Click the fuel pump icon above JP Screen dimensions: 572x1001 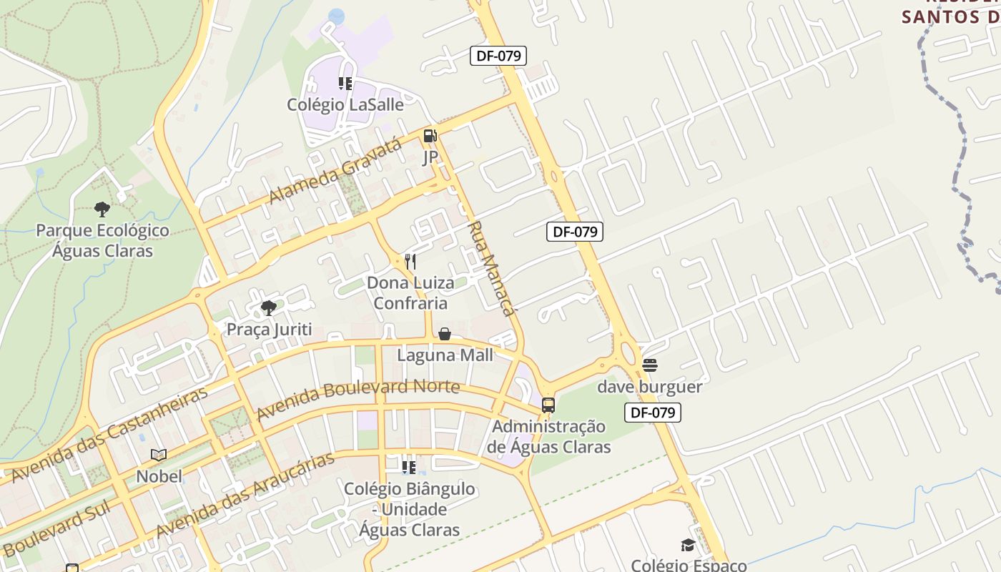click(430, 135)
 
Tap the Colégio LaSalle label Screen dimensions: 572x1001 click(345, 104)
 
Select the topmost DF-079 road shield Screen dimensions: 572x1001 click(498, 56)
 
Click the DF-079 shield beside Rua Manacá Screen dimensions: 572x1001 click(575, 231)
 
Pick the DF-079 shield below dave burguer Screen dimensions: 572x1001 click(653, 413)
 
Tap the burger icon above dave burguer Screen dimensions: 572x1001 click(650, 365)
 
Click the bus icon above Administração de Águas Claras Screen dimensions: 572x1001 click(548, 405)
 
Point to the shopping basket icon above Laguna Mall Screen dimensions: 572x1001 click(445, 334)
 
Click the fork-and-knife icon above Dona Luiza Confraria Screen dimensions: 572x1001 click(410, 261)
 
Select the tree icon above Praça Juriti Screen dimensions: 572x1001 click(269, 308)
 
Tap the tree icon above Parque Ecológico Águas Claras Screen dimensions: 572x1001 click(102, 209)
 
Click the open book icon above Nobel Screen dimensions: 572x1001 click(159, 455)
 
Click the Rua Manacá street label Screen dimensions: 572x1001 click(491, 268)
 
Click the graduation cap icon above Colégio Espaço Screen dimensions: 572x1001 click(688, 546)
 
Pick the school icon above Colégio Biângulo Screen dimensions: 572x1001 click(409, 468)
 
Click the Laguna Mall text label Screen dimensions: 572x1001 click(445, 355)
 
